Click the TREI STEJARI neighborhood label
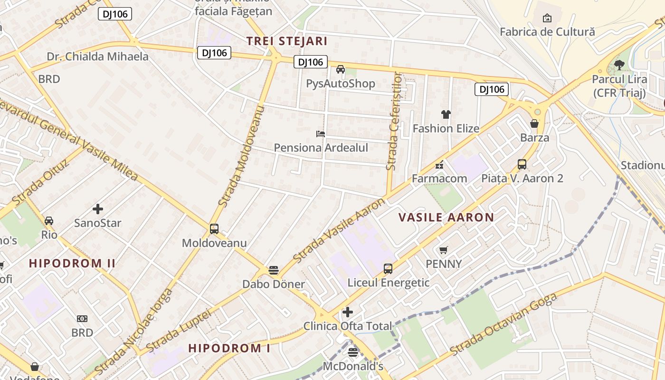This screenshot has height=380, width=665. click(x=287, y=41)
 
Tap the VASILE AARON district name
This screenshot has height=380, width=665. click(x=446, y=218)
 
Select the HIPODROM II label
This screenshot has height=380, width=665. click(x=72, y=263)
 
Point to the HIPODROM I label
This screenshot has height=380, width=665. click(x=229, y=348)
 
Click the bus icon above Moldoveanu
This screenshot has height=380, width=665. click(x=214, y=229)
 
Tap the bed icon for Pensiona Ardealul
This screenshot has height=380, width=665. click(x=321, y=134)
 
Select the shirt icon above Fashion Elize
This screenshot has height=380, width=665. click(x=446, y=114)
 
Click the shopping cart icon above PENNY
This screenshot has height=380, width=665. click(x=444, y=250)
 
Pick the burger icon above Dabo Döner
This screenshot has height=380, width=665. click(x=273, y=270)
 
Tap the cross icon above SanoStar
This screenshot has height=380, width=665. click(x=98, y=209)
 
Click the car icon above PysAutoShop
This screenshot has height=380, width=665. click(x=340, y=69)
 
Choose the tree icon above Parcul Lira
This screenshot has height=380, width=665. click(x=618, y=65)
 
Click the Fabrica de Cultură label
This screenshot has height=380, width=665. click(x=547, y=32)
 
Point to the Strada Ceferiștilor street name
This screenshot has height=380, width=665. click(x=394, y=122)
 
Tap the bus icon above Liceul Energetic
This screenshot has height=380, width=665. click(x=388, y=269)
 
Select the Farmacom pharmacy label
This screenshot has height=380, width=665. click(x=439, y=179)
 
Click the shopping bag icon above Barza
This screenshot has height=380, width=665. click(x=534, y=124)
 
